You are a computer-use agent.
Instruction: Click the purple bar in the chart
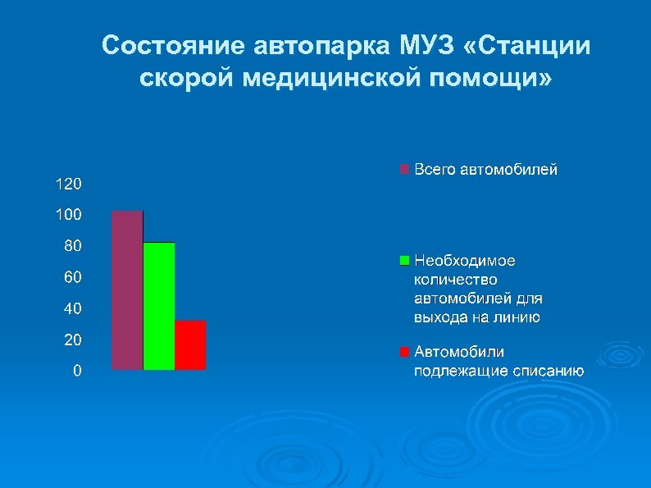tap(127, 290)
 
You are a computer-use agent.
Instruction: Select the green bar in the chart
tap(159, 306)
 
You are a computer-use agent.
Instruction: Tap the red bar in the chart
tap(190, 345)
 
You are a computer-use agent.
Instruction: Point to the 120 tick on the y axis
tap(68, 183)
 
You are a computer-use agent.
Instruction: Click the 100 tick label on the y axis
tap(68, 215)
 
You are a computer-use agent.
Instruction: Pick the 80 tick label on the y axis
tap(72, 246)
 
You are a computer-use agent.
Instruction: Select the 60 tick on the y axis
tap(72, 278)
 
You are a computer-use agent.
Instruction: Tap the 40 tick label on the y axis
tap(72, 309)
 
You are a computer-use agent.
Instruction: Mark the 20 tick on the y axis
tap(72, 340)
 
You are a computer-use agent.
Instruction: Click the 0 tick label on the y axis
tap(76, 371)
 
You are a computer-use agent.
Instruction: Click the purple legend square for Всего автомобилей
tap(403, 170)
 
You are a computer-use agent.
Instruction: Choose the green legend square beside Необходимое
tap(403, 260)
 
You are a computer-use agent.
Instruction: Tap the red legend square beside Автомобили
tap(403, 352)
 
